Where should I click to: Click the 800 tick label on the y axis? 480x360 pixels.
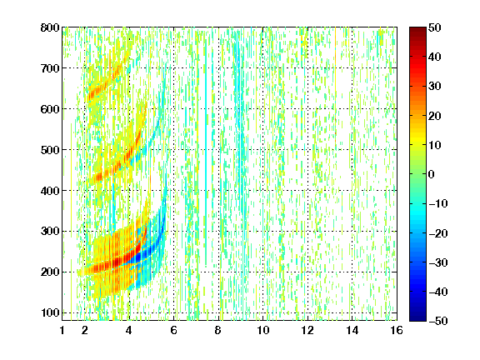click(x=50, y=27)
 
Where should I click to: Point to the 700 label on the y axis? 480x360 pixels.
click(x=50, y=68)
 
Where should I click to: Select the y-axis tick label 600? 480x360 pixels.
click(x=50, y=109)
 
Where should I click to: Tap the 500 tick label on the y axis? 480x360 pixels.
click(x=50, y=150)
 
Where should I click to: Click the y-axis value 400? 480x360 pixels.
click(x=50, y=191)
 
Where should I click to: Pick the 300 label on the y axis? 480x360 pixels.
click(x=50, y=232)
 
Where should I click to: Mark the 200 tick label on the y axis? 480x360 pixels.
click(x=50, y=272)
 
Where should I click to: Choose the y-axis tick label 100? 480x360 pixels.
click(x=50, y=312)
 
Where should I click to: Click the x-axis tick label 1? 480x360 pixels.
click(x=62, y=330)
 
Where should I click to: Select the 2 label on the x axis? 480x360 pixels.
click(x=85, y=330)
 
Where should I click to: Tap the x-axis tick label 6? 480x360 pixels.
click(x=174, y=330)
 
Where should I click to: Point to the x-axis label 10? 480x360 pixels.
click(x=263, y=330)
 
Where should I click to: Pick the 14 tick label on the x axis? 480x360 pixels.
click(x=352, y=330)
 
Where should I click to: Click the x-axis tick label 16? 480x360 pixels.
click(x=397, y=330)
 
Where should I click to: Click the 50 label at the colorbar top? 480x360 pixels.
click(x=435, y=27)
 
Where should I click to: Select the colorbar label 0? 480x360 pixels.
click(x=432, y=174)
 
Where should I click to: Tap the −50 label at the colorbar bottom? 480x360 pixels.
click(x=438, y=321)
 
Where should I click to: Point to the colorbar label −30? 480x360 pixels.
click(x=438, y=262)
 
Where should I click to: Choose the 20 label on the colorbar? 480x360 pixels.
click(x=435, y=116)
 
